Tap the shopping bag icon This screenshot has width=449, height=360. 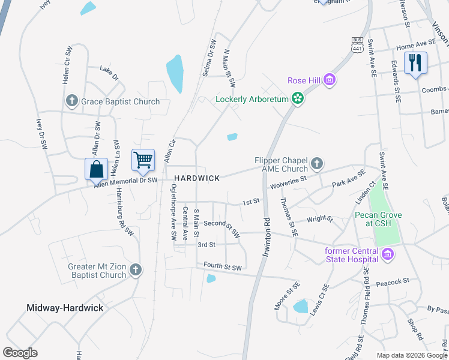pyautogui.click(x=96, y=170)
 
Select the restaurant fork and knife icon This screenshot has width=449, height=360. pyautogui.click(x=415, y=62)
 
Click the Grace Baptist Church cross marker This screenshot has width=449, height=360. pyautogui.click(x=71, y=101)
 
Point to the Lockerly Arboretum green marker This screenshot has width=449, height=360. pyautogui.click(x=297, y=98)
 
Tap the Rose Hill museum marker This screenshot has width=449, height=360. pyautogui.click(x=329, y=80)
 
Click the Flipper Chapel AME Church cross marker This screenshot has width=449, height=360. pyautogui.click(x=317, y=163)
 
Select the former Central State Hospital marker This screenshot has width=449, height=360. pyautogui.click(x=387, y=254)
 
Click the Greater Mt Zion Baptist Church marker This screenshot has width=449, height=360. pyautogui.click(x=136, y=270)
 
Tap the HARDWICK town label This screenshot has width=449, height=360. pyautogui.click(x=197, y=178)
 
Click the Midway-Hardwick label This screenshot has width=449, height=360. pyautogui.click(x=65, y=308)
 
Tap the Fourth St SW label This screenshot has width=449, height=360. pyautogui.click(x=222, y=267)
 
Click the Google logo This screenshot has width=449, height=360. pyautogui.click(x=20, y=353)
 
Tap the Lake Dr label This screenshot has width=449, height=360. pyautogui.click(x=109, y=73)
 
